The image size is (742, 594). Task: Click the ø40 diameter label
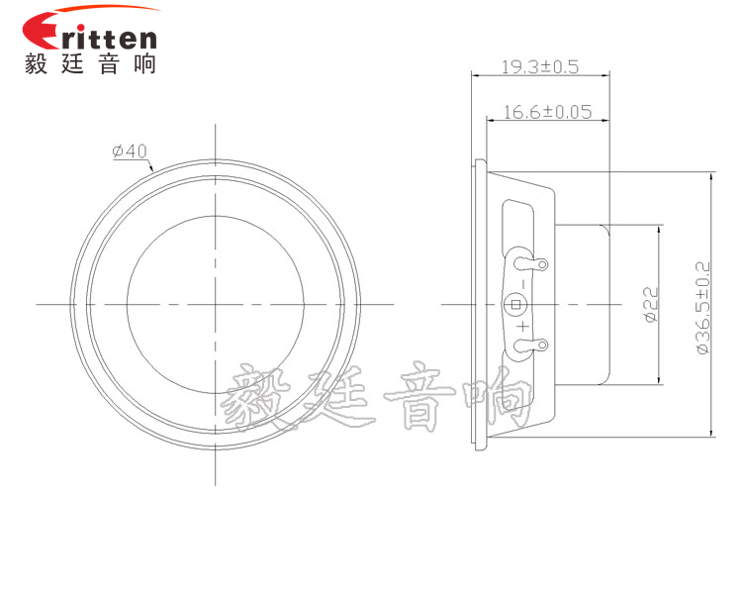tap(130, 151)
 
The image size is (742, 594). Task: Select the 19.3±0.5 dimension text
tap(539, 67)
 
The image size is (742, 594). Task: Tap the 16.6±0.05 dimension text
tap(547, 112)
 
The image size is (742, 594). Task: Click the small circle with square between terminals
tap(514, 304)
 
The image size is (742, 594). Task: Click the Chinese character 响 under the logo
tap(142, 64)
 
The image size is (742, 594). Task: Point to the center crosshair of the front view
tap(215, 303)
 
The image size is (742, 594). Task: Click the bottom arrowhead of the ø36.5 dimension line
tap(711, 433)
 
